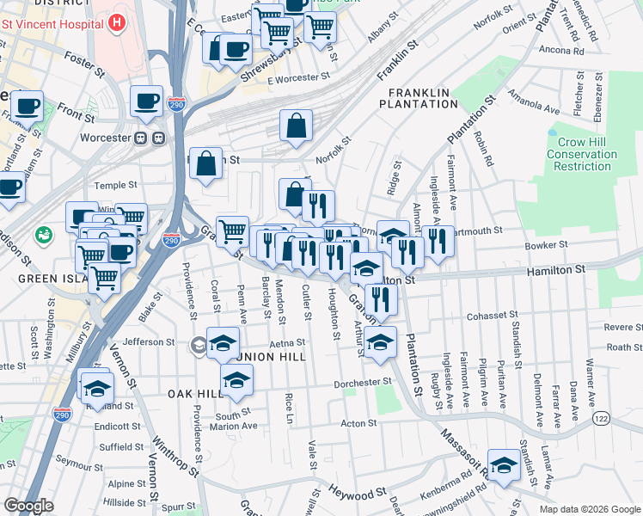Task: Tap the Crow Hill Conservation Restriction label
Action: click(581, 154)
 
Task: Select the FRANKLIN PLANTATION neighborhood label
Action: click(422, 98)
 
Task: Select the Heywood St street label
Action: click(356, 494)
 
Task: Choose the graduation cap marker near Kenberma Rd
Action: click(504, 464)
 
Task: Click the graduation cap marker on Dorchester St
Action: click(237, 379)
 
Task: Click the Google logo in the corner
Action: click(29, 505)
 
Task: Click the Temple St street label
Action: click(116, 185)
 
